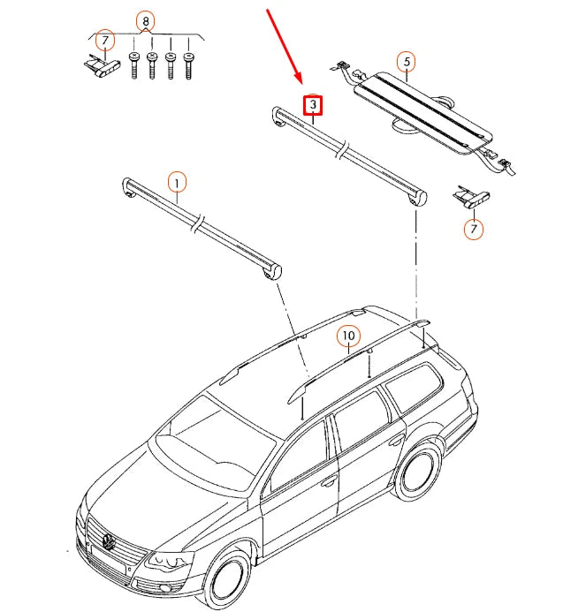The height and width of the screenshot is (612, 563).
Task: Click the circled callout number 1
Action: [x=178, y=183]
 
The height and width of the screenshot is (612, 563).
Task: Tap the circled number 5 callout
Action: [x=406, y=62]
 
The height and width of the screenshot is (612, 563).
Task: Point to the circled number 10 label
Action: [x=348, y=336]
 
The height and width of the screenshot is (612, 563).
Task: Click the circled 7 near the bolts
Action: [x=104, y=42]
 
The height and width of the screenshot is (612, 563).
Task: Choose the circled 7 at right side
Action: [x=475, y=230]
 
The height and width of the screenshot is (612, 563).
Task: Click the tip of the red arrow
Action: [x=301, y=87]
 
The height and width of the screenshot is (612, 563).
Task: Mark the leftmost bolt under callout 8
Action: [x=133, y=66]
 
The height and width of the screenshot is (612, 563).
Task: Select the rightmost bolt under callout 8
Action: [x=188, y=66]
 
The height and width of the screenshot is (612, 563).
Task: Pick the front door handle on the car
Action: [x=329, y=482]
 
